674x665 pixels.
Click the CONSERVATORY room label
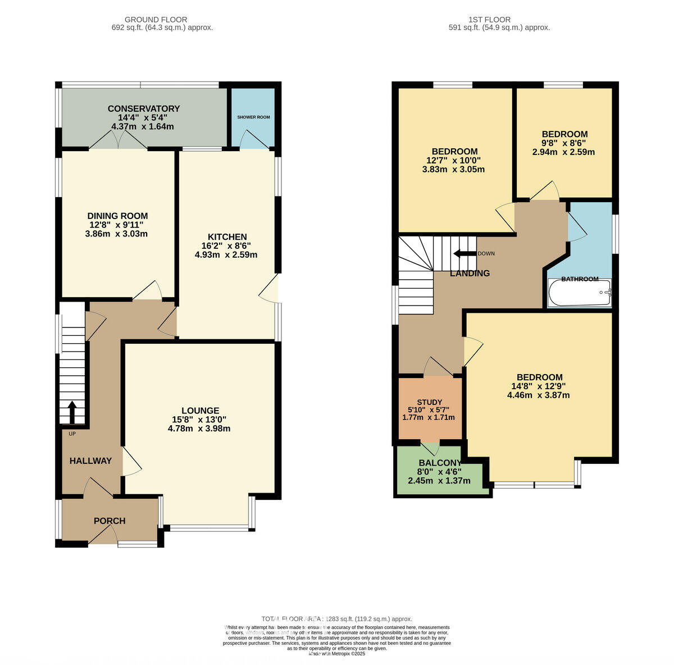tap(143, 109)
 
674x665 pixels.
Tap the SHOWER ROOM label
tap(253, 117)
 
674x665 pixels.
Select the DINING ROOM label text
tap(117, 216)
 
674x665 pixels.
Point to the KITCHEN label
tap(227, 237)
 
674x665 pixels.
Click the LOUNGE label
tap(200, 411)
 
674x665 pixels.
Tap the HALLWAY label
tap(90, 461)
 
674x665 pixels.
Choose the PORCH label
tap(110, 521)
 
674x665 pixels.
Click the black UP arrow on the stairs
tap(72, 412)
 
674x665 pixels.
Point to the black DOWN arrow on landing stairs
tap(464, 253)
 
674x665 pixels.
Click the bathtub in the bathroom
tap(579, 293)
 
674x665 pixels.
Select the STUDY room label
tap(430, 402)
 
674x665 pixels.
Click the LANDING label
tap(470, 274)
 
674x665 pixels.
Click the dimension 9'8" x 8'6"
tap(564, 143)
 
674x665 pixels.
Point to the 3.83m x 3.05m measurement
tap(454, 169)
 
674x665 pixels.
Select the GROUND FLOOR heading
tap(156, 20)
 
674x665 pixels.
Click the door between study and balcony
tap(430, 449)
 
